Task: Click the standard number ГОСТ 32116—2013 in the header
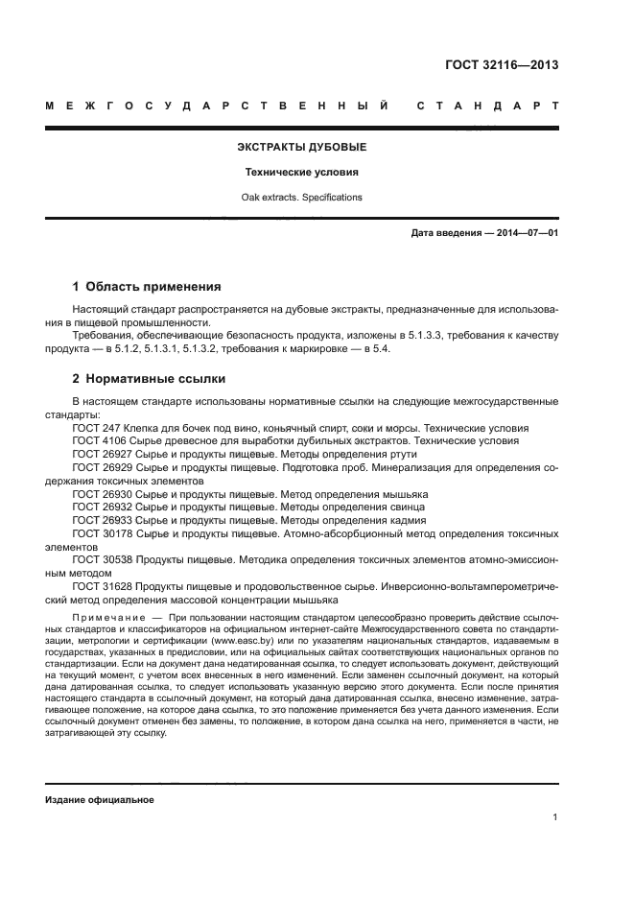coord(502,65)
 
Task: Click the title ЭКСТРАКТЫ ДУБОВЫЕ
coord(302,148)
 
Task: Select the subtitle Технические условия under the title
coord(302,173)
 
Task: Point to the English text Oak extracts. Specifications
coord(302,197)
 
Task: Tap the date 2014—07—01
coord(525,233)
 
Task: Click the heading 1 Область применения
coord(148,286)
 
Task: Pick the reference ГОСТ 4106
coord(95,440)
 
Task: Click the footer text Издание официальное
coord(100,800)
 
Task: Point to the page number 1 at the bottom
coord(555,817)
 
